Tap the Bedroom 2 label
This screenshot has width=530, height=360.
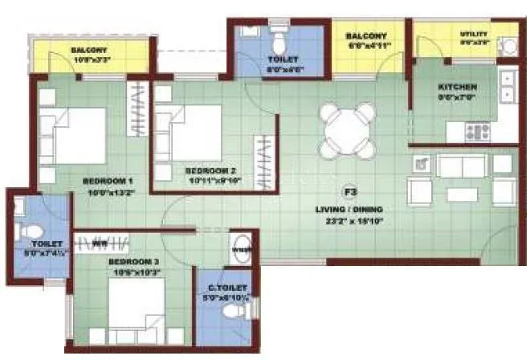point(210,171)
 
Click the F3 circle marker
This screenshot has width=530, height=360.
point(350,192)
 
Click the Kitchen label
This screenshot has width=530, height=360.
point(457,87)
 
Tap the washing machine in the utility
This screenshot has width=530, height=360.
point(508,45)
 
